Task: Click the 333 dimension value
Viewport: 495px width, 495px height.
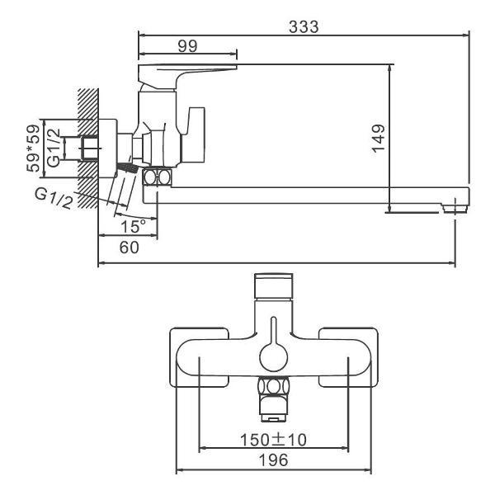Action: point(304,26)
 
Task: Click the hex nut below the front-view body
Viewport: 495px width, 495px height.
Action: point(274,387)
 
